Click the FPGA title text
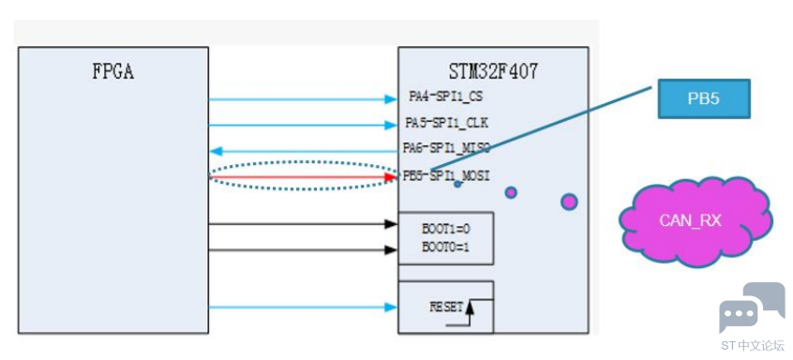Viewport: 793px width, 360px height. tap(112, 72)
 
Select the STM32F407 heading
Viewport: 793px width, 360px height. tap(493, 72)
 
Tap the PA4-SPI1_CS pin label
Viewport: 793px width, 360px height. tap(446, 97)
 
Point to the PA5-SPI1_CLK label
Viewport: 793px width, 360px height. tap(447, 123)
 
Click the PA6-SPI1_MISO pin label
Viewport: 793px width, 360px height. tap(446, 148)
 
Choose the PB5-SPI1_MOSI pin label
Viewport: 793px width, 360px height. tap(446, 176)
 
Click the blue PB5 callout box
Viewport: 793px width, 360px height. tap(704, 98)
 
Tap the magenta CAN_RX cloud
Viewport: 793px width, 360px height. tap(696, 221)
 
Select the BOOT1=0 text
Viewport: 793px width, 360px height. tap(446, 229)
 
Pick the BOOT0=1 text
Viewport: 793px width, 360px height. tap(446, 248)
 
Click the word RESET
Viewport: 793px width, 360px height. tap(446, 307)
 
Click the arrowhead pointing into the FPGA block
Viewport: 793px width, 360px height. tap(216, 151)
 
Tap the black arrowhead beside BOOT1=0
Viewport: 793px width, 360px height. tap(392, 223)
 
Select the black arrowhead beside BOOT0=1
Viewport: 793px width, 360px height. tap(392, 249)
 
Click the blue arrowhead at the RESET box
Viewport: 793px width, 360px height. tap(392, 307)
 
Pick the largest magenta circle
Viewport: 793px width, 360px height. tap(569, 202)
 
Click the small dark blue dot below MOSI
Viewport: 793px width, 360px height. tap(457, 184)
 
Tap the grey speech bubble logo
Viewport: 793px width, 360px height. tap(752, 307)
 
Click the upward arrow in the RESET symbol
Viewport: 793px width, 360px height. tap(470, 313)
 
